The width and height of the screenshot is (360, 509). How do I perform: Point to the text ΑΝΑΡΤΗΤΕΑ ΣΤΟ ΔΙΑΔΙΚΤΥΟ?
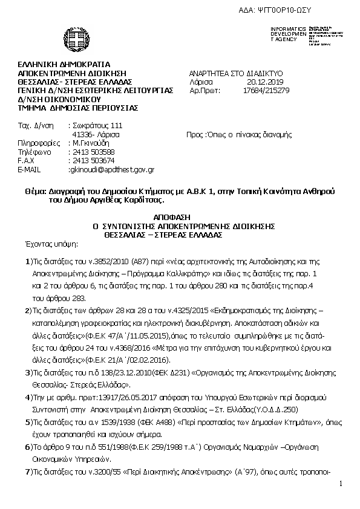click(236, 73)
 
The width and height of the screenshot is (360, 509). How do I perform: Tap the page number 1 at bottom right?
click(341, 484)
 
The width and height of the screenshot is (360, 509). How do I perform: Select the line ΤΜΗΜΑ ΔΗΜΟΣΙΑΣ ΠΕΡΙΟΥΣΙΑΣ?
click(78, 108)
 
